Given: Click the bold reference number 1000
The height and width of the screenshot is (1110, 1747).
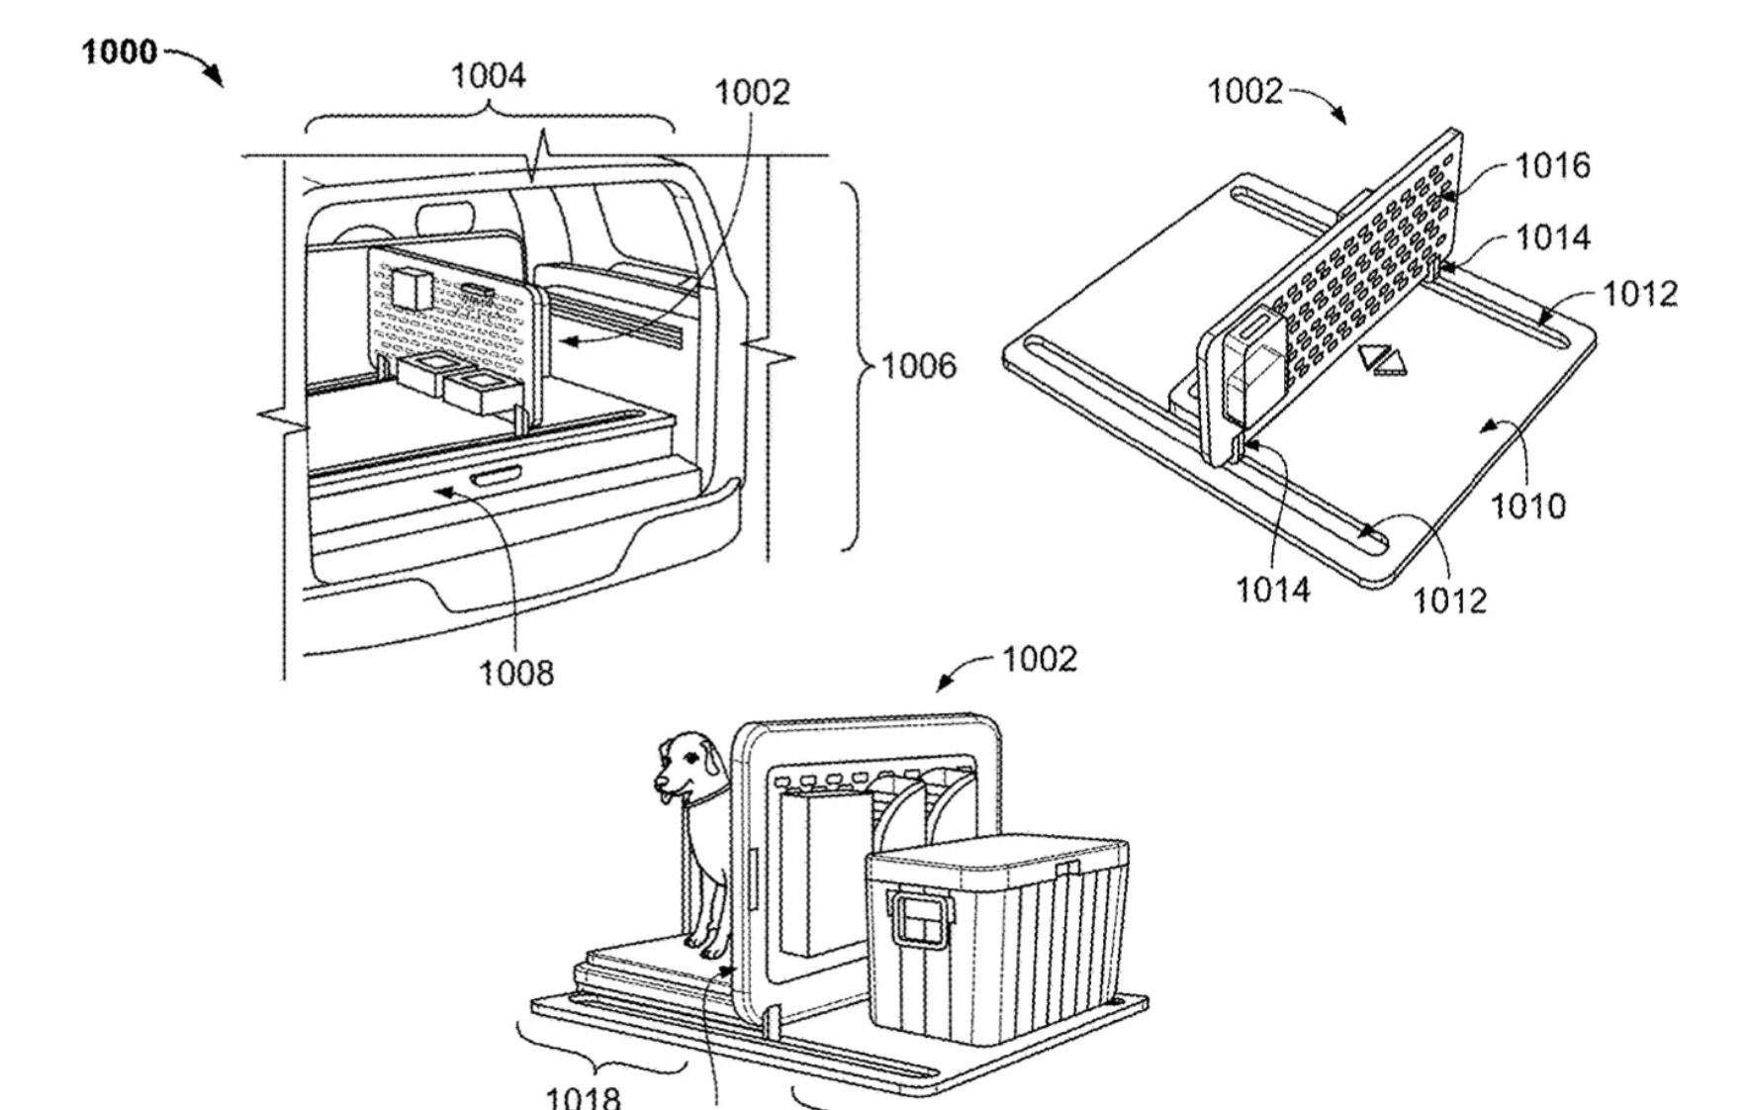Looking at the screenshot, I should [x=120, y=51].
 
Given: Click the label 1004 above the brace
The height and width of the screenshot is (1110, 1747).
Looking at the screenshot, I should [x=488, y=76].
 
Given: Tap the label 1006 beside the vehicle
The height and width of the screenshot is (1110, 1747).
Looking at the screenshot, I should [x=919, y=366].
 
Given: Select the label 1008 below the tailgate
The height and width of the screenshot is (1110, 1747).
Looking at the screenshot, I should [x=516, y=674].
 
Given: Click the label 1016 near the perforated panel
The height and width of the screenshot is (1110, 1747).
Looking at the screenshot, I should [x=1553, y=165].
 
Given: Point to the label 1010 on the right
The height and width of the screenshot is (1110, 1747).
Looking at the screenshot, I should [x=1527, y=507].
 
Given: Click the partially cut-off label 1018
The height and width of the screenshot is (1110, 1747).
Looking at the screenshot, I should [x=584, y=1097].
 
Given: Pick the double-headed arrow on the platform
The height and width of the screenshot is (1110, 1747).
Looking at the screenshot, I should [x=1382, y=359].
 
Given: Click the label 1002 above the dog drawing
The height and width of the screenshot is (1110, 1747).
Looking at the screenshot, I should [x=1039, y=659].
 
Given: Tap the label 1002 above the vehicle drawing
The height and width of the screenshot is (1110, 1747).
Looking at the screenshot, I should [x=752, y=93].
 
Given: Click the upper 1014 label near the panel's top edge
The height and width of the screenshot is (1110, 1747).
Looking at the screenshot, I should [x=1553, y=237].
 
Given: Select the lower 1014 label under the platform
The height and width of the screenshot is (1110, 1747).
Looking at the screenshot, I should [x=1272, y=591].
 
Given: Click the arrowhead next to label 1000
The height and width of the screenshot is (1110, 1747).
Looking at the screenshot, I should [x=215, y=79].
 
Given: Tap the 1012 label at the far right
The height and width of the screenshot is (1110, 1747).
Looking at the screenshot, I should [x=1639, y=294].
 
